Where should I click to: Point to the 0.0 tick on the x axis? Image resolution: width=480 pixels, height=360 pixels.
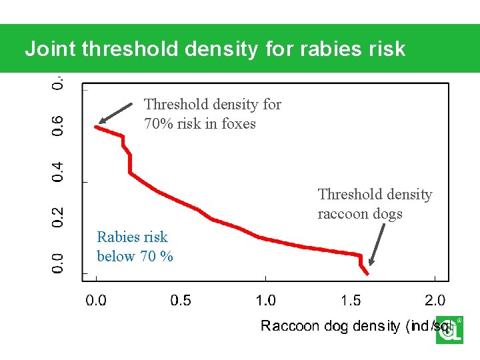click(x=97, y=300)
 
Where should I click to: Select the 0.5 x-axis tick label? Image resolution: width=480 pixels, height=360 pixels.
click(x=181, y=300)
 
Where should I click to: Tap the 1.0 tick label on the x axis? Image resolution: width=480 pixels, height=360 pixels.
click(x=265, y=300)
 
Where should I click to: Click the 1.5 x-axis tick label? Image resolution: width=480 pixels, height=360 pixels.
click(x=351, y=300)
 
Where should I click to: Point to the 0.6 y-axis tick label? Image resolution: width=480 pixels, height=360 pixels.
click(x=59, y=125)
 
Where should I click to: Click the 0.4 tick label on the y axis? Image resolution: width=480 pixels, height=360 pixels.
click(x=59, y=171)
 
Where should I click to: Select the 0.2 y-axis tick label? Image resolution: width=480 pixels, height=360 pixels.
click(x=59, y=215)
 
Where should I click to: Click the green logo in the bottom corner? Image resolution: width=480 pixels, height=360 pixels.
click(x=449, y=330)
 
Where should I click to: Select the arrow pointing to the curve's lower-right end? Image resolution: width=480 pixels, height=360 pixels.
click(x=377, y=244)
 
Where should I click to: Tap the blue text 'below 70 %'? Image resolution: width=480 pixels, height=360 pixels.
click(x=135, y=256)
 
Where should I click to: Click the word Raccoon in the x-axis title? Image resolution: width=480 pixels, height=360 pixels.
click(x=291, y=325)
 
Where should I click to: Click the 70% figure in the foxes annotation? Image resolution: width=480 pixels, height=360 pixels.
click(x=159, y=124)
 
